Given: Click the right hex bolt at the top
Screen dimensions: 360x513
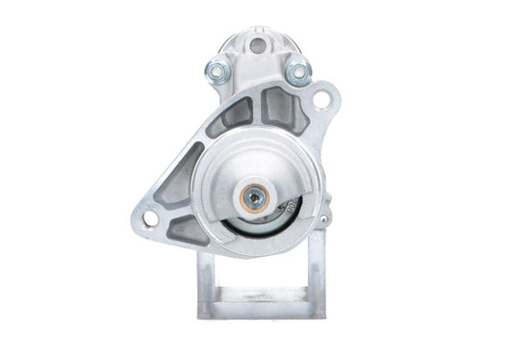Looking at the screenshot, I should pos(297,70).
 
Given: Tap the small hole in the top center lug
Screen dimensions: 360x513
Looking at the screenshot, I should pos(257,45).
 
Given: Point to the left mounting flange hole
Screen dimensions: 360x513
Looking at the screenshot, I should pos(149,219).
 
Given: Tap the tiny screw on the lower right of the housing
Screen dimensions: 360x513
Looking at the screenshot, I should pos(322,220).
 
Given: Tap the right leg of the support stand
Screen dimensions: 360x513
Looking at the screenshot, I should pos(309,279).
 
